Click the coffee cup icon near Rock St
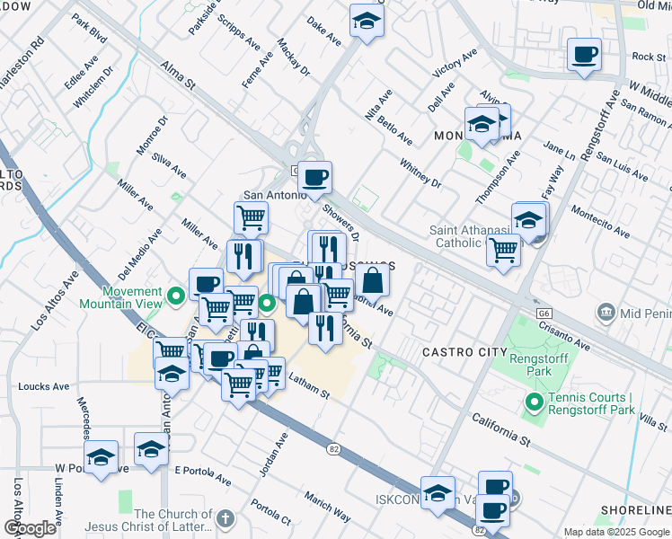584,56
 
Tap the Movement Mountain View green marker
177,293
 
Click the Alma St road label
177,75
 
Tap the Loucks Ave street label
44,387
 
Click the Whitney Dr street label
420,171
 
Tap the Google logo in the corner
30,528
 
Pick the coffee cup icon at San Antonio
314,177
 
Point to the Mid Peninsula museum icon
606,312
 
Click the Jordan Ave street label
273,455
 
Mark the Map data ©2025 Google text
616,532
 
